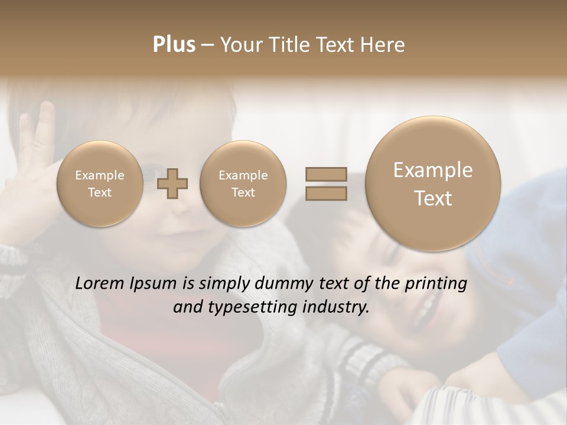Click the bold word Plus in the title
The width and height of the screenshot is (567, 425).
(x=174, y=45)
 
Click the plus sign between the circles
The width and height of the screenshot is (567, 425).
(x=172, y=184)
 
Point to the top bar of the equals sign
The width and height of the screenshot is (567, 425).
(x=325, y=174)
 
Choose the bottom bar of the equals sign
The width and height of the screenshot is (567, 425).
(x=325, y=194)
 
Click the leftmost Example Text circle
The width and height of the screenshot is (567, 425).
(x=99, y=184)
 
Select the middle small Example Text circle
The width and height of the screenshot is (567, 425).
(x=243, y=184)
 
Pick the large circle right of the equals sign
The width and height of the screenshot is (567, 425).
(x=433, y=184)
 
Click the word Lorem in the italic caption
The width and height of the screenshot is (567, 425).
(x=100, y=283)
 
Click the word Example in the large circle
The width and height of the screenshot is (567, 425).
(x=433, y=170)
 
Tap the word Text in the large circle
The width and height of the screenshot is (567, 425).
(x=433, y=198)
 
